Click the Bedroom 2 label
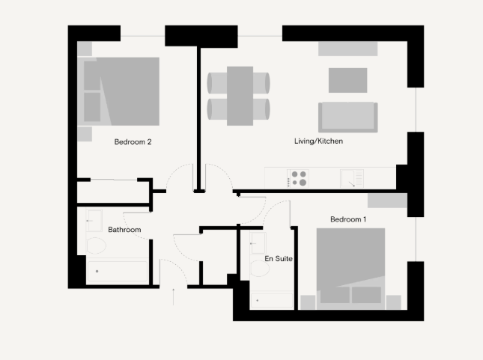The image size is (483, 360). pos(133,141)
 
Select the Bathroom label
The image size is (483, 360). pos(124,230)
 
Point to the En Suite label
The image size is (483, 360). pos(278,259)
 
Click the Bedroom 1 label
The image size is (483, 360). pos(348,219)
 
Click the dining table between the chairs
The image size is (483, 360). pos(240,96)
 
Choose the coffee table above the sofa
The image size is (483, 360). pos(347,80)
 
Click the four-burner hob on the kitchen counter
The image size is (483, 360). pos(299,179)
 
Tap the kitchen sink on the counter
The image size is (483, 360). pos(351,179)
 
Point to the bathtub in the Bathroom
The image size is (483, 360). pos(118,272)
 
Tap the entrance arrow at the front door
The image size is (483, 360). pos(174,296)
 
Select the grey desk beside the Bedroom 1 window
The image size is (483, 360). pos(387,201)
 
